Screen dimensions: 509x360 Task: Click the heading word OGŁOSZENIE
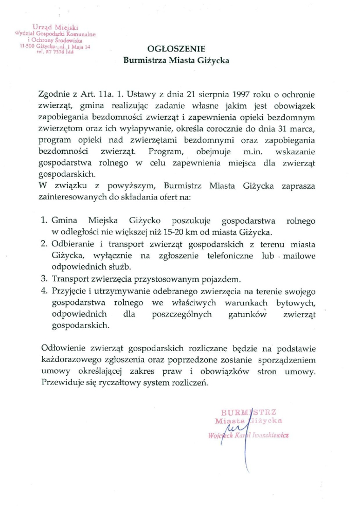(176, 49)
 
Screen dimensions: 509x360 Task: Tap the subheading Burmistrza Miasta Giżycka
(176, 60)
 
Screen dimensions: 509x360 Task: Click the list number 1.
(44, 221)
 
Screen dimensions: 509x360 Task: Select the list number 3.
(44, 279)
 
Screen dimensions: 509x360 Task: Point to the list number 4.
(44, 291)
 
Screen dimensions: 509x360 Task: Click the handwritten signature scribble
(235, 428)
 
